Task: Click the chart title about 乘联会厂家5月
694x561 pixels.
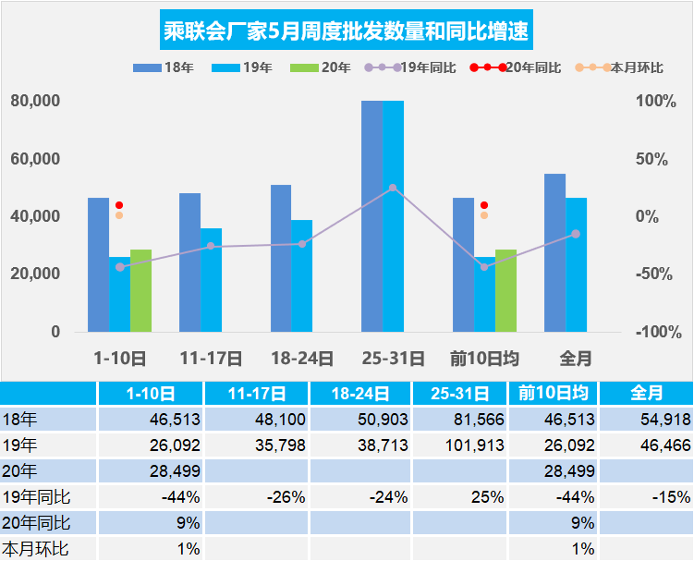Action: pyautogui.click(x=347, y=32)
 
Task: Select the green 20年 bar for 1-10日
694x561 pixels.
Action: pyautogui.click(x=140, y=290)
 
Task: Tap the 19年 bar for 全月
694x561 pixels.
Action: pyautogui.click(x=576, y=264)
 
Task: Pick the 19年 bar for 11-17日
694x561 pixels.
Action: pyautogui.click(x=211, y=279)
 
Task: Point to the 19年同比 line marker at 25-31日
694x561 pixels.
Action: pyautogui.click(x=393, y=188)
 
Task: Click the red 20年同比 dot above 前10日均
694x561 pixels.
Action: pyautogui.click(x=484, y=205)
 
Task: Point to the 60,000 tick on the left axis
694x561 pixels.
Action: pyautogui.click(x=35, y=159)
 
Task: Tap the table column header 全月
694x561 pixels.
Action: pyautogui.click(x=646, y=393)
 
